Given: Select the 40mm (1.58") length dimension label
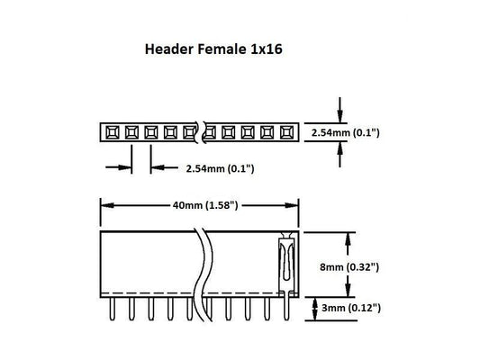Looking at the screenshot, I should click(x=204, y=205).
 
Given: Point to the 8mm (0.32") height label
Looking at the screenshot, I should click(x=375, y=267).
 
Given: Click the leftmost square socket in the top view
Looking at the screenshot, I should click(x=111, y=132).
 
